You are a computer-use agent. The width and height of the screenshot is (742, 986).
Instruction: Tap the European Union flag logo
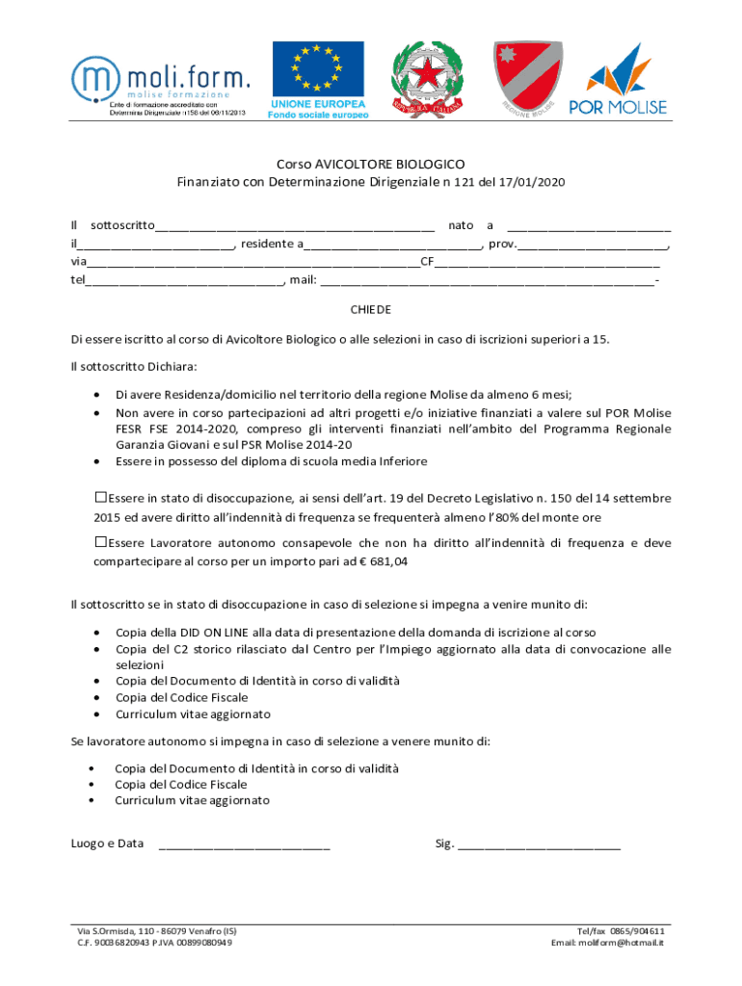click(317, 80)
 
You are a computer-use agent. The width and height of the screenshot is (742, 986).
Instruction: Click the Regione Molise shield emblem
click(527, 77)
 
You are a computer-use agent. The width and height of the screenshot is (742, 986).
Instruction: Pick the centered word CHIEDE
click(371, 310)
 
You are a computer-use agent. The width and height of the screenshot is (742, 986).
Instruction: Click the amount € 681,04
click(383, 561)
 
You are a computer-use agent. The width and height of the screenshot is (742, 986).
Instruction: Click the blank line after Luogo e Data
click(244, 845)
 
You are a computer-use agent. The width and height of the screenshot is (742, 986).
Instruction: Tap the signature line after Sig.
click(540, 845)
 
